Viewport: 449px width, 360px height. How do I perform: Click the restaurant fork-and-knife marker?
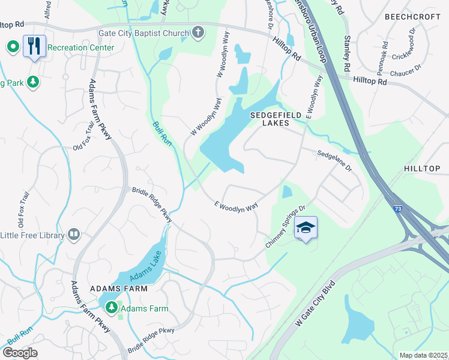[x=34, y=46]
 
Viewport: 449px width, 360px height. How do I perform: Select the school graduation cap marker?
[x=306, y=228]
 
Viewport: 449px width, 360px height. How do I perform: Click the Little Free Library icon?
[x=74, y=234]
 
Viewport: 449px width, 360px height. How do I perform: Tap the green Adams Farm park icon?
[x=111, y=308]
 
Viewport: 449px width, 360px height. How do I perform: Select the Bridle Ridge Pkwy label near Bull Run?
[x=152, y=205]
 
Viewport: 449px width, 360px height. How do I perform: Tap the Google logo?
[x=20, y=353]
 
